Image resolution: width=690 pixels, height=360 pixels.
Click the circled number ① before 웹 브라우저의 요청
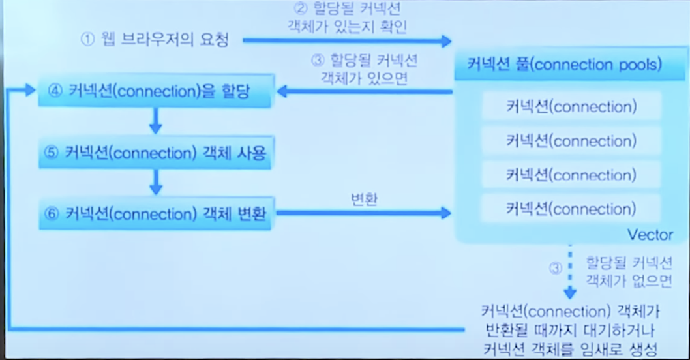[x=87, y=39]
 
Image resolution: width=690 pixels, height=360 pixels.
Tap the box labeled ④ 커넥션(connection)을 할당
[x=155, y=92]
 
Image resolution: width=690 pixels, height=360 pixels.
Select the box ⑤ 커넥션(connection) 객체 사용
[x=155, y=153]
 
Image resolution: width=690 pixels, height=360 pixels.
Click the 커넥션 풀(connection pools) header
[x=565, y=65]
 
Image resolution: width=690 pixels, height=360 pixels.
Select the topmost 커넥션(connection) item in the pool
[x=571, y=106]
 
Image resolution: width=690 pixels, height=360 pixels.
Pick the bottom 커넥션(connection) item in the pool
[x=571, y=209]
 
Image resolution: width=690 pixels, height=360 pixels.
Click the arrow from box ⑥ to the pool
[x=363, y=213]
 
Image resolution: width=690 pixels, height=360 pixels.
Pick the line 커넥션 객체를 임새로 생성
[x=570, y=347]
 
